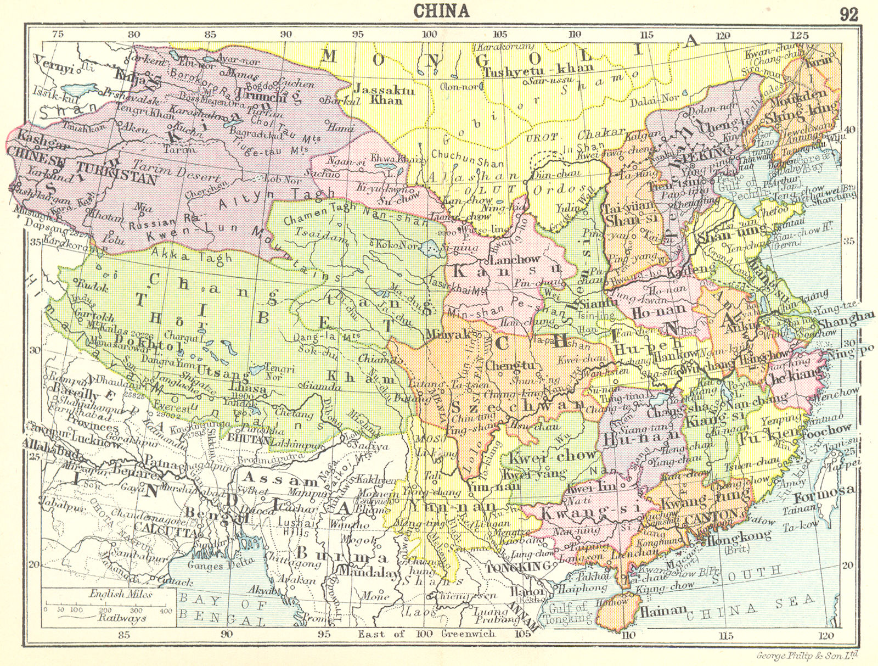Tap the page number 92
click(x=848, y=14)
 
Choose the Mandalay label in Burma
click(x=364, y=570)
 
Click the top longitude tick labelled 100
click(x=429, y=33)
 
